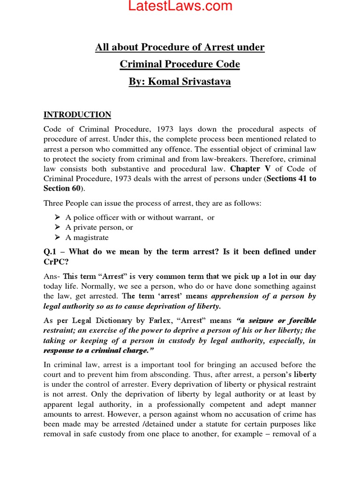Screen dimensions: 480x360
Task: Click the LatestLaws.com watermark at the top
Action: [180, 7]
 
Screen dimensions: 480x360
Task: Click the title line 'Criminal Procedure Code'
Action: [180, 64]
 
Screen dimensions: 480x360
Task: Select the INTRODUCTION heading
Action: [77, 115]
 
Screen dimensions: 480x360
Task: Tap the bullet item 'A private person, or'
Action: [99, 227]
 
